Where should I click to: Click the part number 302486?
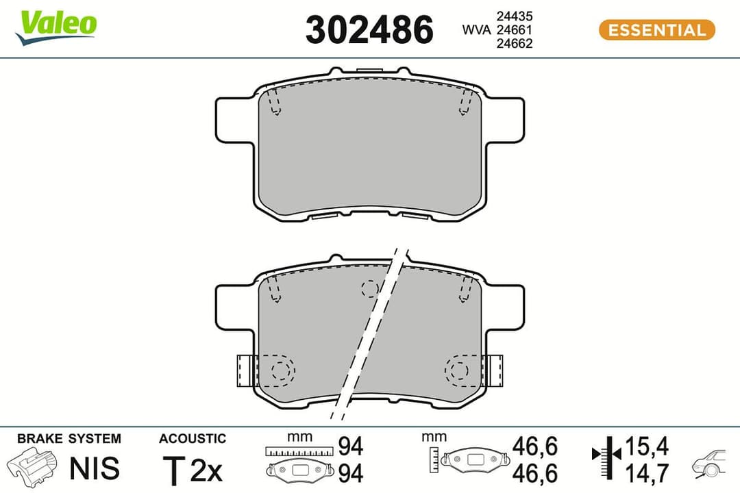coord(369,30)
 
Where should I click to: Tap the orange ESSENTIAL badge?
coord(656,29)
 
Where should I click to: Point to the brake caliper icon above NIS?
coord(33,466)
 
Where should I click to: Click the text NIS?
coord(95,469)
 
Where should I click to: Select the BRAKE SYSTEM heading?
coord(69,438)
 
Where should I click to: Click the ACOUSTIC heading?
coord(192,438)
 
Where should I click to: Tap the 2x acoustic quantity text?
coord(206,470)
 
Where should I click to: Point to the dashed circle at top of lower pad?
coord(369,288)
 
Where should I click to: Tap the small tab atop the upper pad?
coord(369,69)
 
